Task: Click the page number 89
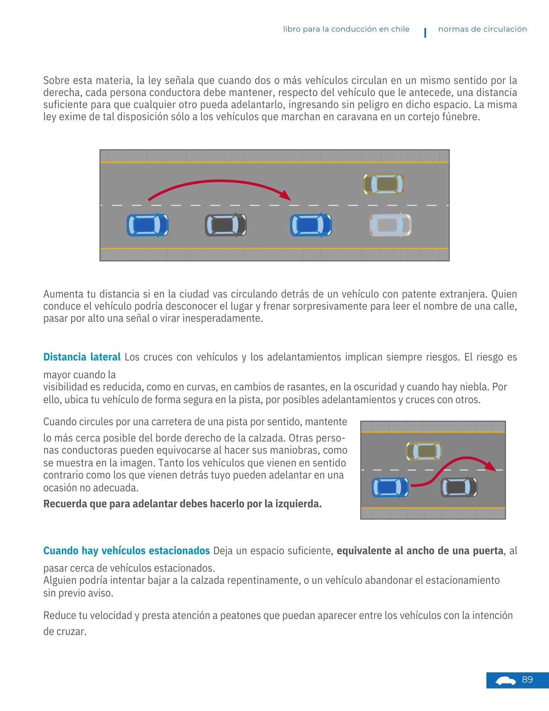[x=527, y=680]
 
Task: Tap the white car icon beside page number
[x=505, y=681]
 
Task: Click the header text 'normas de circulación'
[x=482, y=29]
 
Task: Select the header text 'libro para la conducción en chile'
[x=346, y=29]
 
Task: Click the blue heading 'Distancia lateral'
[x=82, y=357]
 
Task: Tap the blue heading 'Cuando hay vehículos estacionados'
[x=127, y=551]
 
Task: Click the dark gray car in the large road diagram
[x=226, y=225]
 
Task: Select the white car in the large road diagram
[x=390, y=225]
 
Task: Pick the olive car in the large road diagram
[x=383, y=184]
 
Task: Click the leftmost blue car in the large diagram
[x=147, y=225]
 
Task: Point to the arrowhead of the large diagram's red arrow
[x=285, y=195]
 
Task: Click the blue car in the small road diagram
[x=390, y=487]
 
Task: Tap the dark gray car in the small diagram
[x=459, y=487]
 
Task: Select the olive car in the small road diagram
[x=424, y=451]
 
